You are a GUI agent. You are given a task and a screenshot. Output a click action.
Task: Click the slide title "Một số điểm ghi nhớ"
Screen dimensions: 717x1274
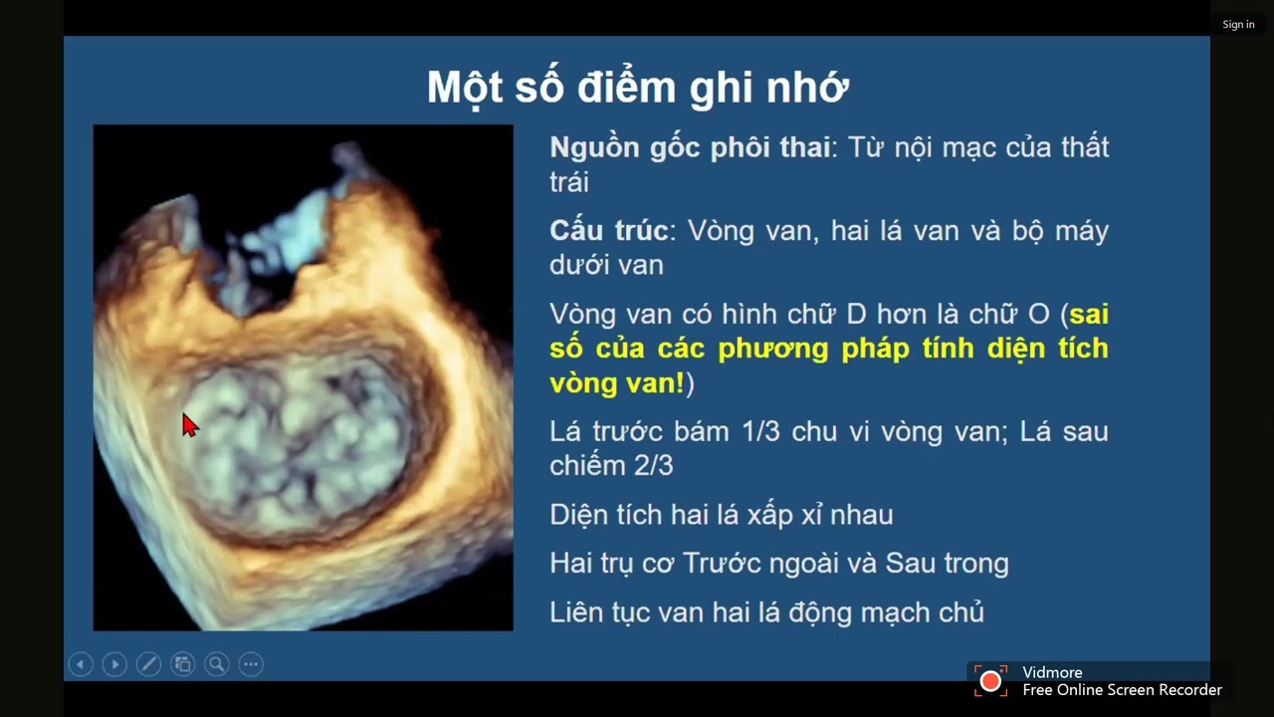tap(637, 88)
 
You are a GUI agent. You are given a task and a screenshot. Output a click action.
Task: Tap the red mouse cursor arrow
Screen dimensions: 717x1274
tap(189, 425)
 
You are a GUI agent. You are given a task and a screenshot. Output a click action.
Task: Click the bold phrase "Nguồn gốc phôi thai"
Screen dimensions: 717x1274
tap(689, 148)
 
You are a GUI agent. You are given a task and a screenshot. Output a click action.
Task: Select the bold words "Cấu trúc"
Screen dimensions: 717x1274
tap(607, 231)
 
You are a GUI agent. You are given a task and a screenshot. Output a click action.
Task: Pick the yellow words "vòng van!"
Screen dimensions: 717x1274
tap(616, 383)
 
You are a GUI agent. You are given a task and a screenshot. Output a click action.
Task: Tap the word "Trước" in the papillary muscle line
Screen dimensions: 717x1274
tap(722, 564)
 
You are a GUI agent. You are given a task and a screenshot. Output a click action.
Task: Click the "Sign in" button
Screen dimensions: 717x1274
tap(1238, 25)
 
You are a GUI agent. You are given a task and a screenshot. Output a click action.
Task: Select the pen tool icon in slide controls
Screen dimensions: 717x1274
tap(148, 664)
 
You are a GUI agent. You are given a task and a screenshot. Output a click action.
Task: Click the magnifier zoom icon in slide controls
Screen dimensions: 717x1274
tap(216, 664)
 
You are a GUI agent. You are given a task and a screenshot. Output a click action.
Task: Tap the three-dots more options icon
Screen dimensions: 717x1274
tap(251, 664)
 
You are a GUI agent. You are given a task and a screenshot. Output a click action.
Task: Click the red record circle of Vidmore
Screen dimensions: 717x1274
tap(990, 681)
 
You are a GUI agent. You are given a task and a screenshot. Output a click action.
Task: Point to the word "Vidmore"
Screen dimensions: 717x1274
tap(1052, 672)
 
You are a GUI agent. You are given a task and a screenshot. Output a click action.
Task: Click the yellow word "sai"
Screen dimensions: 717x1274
tap(1089, 315)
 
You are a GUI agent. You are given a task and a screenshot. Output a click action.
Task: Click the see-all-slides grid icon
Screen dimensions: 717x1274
tap(182, 664)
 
